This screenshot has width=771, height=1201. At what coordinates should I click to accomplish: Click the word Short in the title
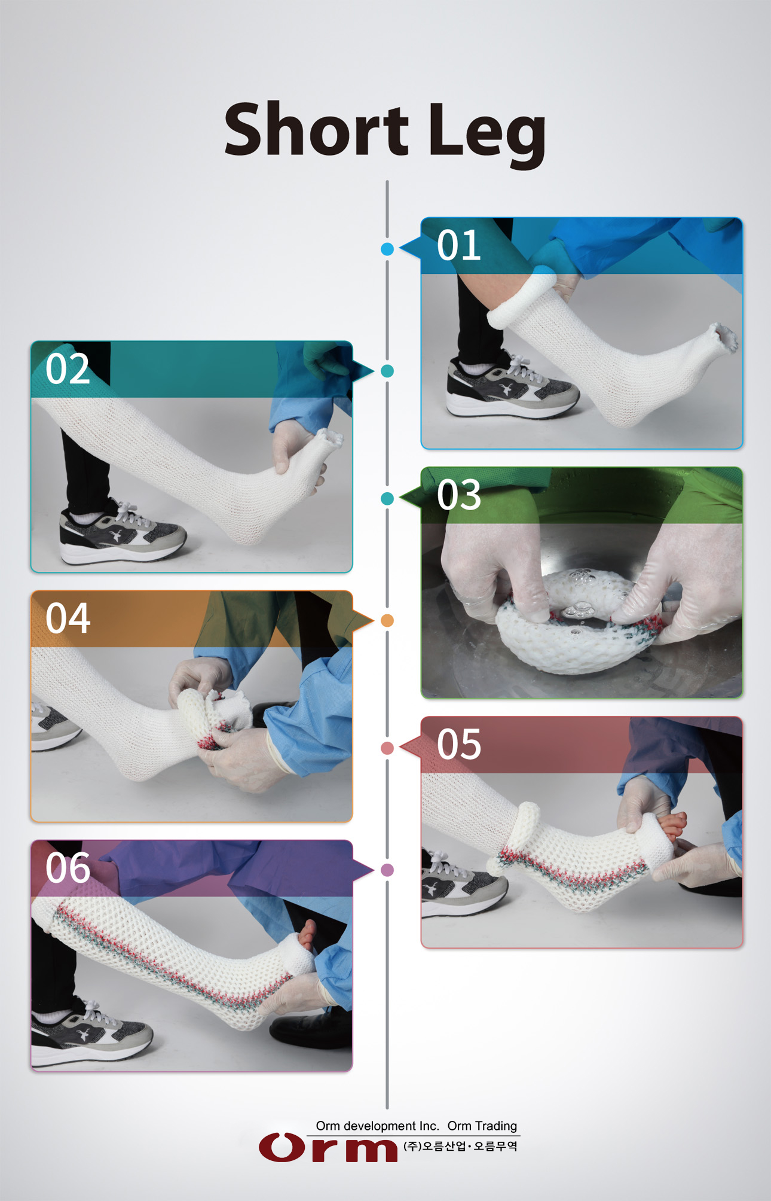point(316,129)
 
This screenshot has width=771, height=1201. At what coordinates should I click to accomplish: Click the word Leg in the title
point(487,135)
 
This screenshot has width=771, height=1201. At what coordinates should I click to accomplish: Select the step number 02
point(68,369)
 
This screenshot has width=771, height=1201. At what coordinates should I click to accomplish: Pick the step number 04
point(68,618)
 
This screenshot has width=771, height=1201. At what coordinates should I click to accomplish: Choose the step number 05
point(458,745)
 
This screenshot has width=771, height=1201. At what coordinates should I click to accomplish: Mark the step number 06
point(68,868)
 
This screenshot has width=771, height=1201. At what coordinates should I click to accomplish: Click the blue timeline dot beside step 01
point(387,249)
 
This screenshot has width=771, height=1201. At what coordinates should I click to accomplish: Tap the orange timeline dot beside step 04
point(387,621)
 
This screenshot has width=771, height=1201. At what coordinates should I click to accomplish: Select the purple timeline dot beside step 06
point(387,870)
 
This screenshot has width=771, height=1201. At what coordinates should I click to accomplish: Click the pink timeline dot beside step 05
point(387,748)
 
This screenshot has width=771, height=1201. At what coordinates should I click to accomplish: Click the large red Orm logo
point(328,1147)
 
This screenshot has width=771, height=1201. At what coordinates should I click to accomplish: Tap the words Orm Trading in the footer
point(482,1126)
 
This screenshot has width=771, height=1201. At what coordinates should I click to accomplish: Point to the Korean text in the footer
point(460,1146)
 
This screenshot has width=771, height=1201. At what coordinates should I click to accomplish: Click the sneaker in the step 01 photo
point(512,386)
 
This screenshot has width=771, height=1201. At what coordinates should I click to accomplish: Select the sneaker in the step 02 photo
point(123,532)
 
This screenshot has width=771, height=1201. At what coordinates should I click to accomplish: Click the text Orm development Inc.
point(377,1126)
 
